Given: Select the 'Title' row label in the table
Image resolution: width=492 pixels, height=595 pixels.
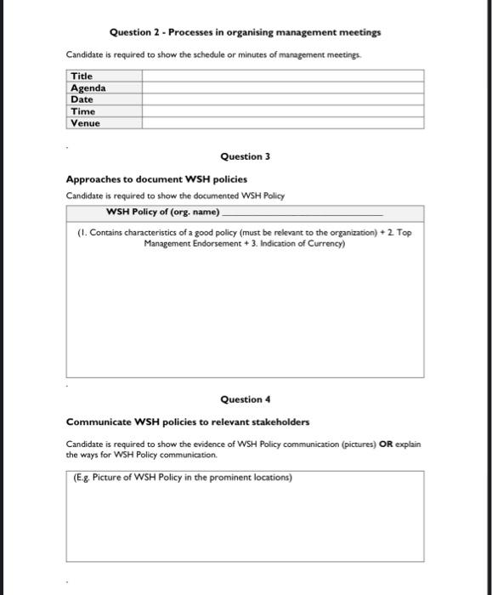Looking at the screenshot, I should click(x=82, y=76).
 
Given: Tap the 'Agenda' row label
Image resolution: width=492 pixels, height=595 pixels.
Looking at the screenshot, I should click(x=88, y=88).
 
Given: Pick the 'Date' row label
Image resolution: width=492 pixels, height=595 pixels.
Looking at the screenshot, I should click(x=82, y=99).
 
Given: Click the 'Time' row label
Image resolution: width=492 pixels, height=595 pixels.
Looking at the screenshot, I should click(x=82, y=111).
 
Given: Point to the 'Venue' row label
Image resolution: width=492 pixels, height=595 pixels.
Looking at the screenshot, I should click(x=85, y=123).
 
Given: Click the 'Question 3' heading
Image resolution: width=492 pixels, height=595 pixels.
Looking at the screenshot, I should click(x=245, y=156).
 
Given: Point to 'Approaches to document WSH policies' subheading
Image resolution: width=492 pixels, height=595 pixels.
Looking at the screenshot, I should click(x=156, y=179).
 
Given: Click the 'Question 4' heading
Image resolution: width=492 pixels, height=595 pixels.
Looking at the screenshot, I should click(x=245, y=399).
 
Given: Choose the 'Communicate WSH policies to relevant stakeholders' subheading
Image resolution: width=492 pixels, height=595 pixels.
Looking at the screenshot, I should click(x=188, y=422).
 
